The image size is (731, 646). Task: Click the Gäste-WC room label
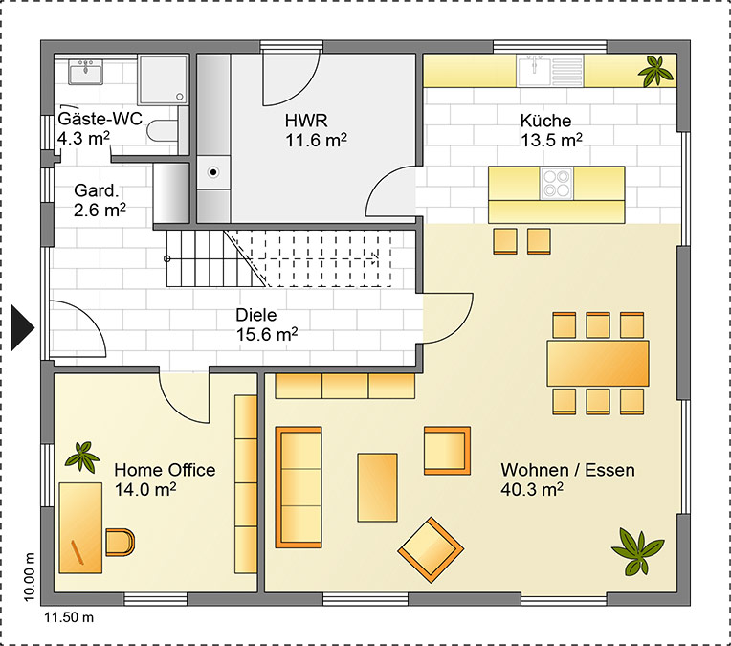pyautogui.click(x=100, y=119)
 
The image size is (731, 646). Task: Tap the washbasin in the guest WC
pyautogui.click(x=86, y=72)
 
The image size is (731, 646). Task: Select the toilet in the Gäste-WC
pyautogui.click(x=162, y=130)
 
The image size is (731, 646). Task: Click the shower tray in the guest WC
pyautogui.click(x=163, y=79)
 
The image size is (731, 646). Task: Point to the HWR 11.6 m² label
pyautogui.click(x=316, y=130)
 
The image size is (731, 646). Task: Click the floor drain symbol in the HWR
pyautogui.click(x=213, y=172)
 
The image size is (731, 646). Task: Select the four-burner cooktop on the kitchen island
pyautogui.click(x=557, y=184)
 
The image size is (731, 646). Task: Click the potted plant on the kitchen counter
pyautogui.click(x=655, y=71)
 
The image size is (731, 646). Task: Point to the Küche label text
pyautogui.click(x=545, y=121)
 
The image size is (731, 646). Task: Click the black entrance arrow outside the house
pyautogui.click(x=22, y=327)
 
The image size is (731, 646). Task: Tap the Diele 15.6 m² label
pyautogui.click(x=266, y=324)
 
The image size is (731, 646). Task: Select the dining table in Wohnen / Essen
pyautogui.click(x=598, y=364)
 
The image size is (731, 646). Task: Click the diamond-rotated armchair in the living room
pyautogui.click(x=431, y=550)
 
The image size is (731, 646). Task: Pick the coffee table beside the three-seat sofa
pyautogui.click(x=377, y=487)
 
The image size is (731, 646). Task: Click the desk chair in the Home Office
pyautogui.click(x=120, y=542)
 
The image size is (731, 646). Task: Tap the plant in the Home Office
pyautogui.click(x=82, y=457)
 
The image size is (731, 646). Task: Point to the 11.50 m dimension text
pyautogui.click(x=69, y=617)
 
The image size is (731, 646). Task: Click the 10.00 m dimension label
pyautogui.click(x=29, y=577)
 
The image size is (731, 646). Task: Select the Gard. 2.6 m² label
pyautogui.click(x=100, y=201)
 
